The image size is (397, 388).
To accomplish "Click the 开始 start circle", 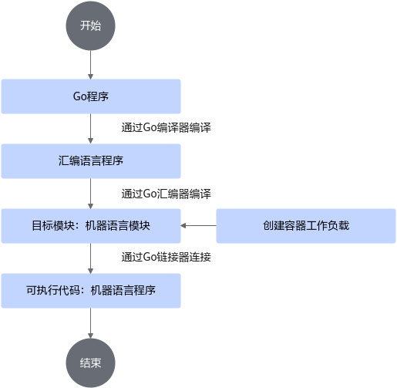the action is [x=90, y=25].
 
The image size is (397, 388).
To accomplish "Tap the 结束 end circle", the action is [x=90, y=363].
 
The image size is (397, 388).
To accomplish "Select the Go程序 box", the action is [x=91, y=96].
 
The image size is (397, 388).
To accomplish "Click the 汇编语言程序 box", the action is [x=91, y=161].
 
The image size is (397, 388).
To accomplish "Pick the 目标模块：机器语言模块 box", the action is [x=91, y=226].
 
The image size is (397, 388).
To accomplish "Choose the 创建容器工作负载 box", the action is [x=306, y=226].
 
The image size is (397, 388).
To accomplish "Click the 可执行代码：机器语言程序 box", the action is [x=91, y=291].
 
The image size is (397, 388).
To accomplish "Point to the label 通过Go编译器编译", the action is [x=166, y=127].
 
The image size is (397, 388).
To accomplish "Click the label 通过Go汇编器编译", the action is [x=166, y=194].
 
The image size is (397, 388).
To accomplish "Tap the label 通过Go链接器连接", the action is [x=166, y=257].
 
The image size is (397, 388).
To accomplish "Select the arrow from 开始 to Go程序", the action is [x=90, y=65].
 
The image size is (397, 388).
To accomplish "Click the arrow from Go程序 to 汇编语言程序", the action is [x=90, y=129].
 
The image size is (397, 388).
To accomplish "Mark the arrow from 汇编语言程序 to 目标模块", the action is [x=90, y=194].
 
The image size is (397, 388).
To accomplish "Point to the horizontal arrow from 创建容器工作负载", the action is [x=198, y=226].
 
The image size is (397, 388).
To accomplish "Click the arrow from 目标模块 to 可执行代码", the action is [x=90, y=258].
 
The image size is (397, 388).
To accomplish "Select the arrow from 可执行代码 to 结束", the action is [x=90, y=323].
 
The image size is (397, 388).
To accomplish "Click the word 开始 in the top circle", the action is [x=90, y=25].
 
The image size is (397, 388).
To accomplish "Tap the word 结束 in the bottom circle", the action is [x=90, y=363].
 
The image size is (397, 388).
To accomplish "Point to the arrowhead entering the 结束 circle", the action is [x=90, y=336].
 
